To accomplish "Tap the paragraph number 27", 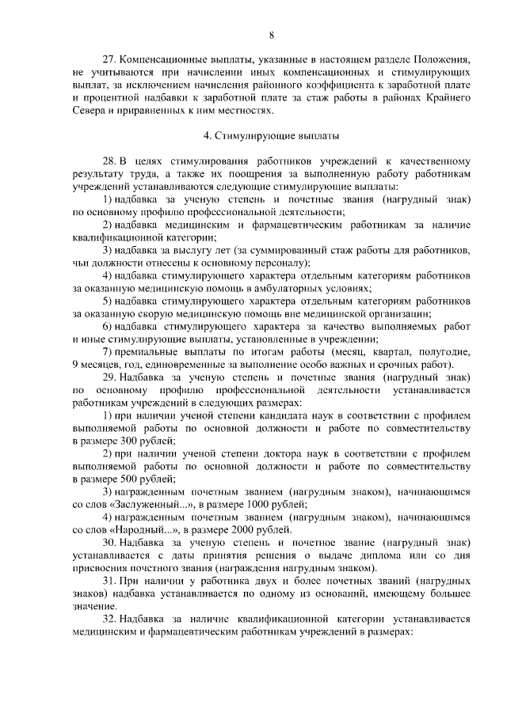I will [x=111, y=59].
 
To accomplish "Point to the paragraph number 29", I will [x=111, y=377].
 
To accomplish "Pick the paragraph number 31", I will [x=111, y=580].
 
